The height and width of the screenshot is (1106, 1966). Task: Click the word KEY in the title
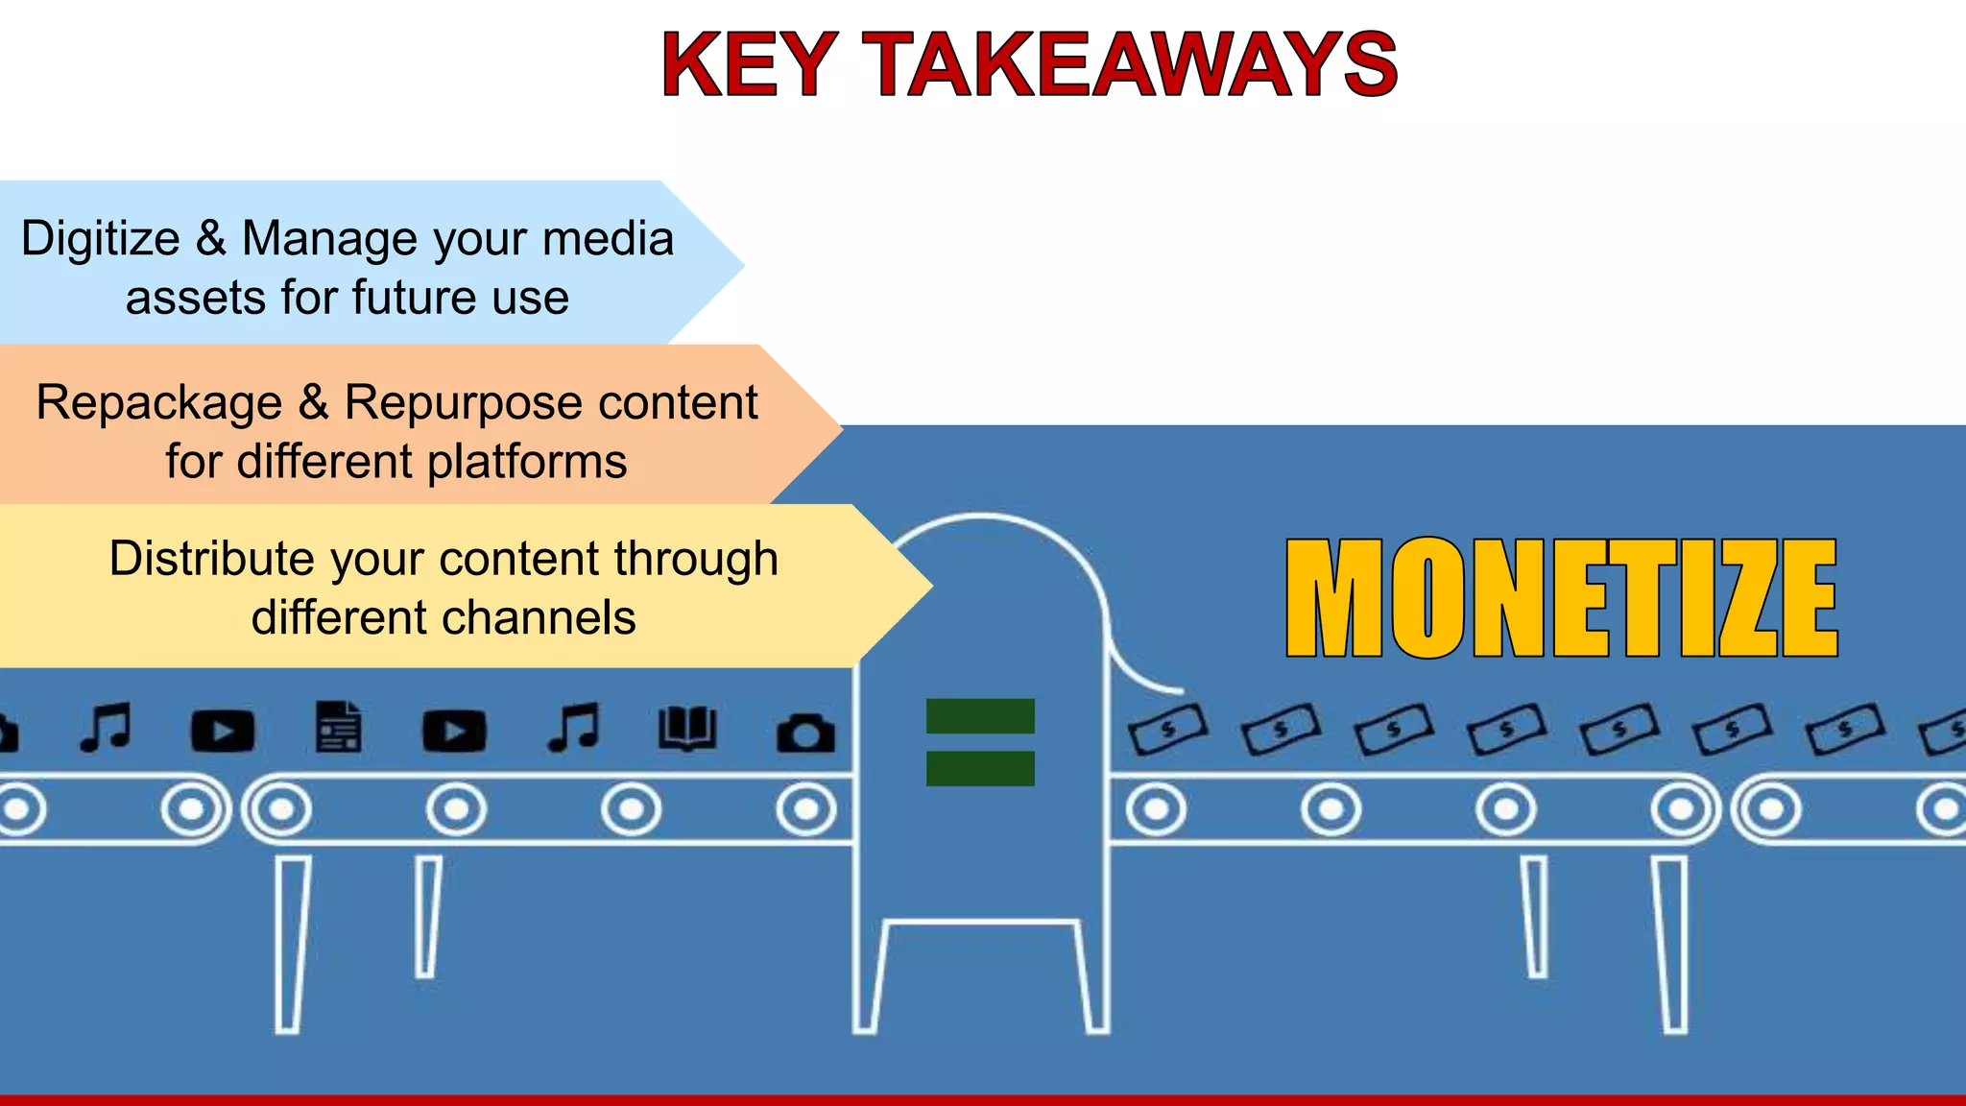(x=749, y=65)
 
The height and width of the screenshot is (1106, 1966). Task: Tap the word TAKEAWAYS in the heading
(x=1133, y=65)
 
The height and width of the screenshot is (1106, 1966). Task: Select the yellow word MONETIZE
(x=1562, y=598)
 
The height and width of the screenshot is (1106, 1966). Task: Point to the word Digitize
(x=100, y=238)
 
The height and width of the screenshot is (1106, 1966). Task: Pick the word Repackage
(x=159, y=403)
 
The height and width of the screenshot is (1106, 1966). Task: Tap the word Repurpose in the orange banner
(x=464, y=403)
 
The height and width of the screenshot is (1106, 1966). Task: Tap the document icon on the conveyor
(x=339, y=727)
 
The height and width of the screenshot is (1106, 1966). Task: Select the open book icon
(x=687, y=729)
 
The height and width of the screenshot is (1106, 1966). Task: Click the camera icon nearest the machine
(x=805, y=733)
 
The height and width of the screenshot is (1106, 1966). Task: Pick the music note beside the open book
(x=574, y=727)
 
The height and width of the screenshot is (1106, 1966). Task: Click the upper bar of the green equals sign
(x=980, y=716)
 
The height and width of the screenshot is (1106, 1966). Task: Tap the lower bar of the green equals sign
(x=980, y=768)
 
